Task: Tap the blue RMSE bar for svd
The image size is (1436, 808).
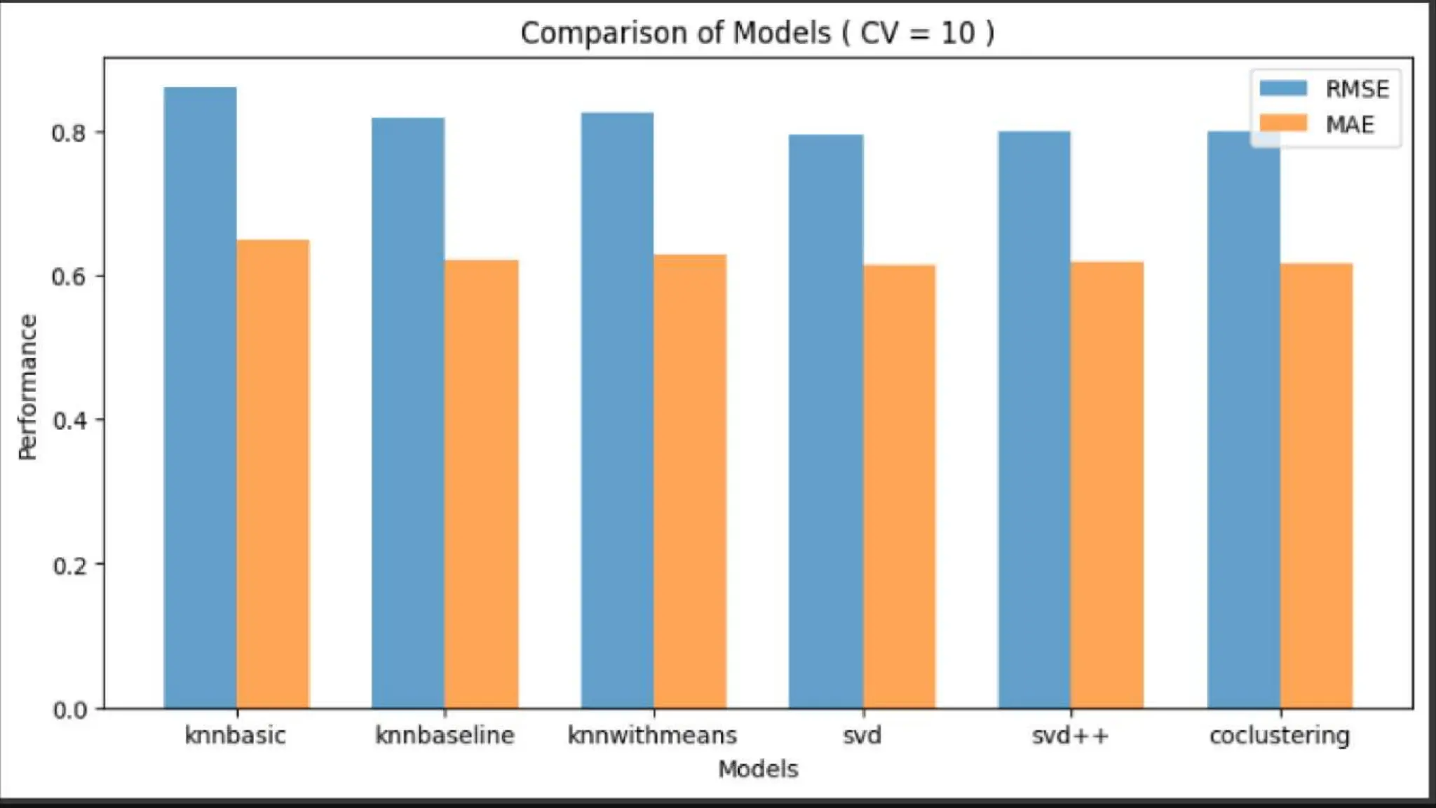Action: point(825,421)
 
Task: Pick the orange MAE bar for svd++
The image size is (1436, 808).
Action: point(1107,484)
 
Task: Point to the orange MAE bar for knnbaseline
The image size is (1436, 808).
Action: point(481,484)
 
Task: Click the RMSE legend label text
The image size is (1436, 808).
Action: point(1357,89)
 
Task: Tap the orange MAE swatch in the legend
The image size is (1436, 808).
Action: point(1283,124)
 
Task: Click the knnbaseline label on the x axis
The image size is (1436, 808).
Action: point(445,735)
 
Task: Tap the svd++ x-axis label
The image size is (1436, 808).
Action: point(1070,735)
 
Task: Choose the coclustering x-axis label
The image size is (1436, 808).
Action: point(1279,735)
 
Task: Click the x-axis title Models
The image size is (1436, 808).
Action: point(758,769)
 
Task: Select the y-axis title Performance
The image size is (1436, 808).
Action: point(27,386)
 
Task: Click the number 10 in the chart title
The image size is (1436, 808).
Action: point(957,33)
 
